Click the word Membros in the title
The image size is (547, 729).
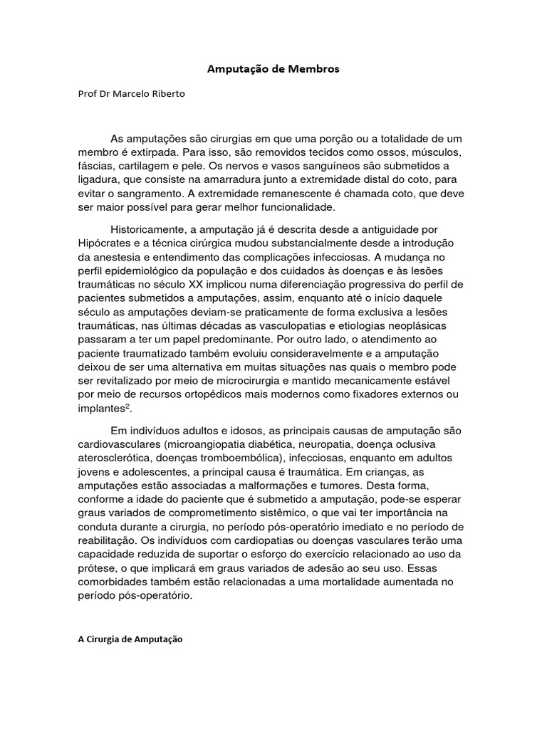316,70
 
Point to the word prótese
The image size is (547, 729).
96,568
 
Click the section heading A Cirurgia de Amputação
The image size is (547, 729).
130,639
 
